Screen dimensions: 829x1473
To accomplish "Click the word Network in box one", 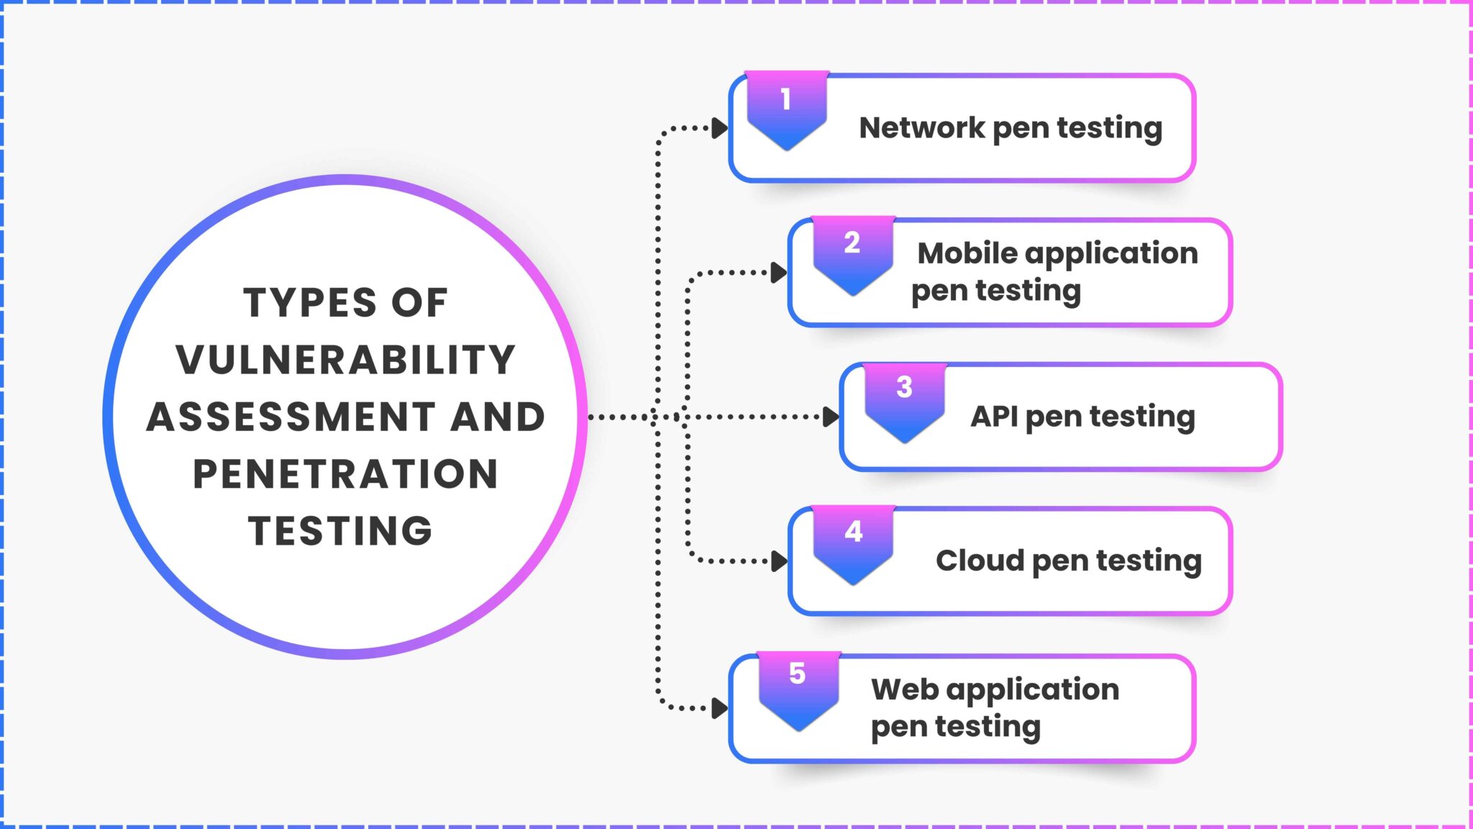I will click(x=922, y=128).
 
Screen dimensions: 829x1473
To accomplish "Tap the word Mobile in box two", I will click(x=967, y=253).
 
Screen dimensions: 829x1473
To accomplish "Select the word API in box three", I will click(x=994, y=417).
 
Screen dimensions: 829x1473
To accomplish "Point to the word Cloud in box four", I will click(x=980, y=561).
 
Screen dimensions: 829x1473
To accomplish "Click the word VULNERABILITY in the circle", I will click(x=346, y=360).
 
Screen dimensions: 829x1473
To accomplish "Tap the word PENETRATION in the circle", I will click(x=346, y=474).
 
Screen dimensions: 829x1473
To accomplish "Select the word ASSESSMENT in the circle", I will click(x=291, y=417).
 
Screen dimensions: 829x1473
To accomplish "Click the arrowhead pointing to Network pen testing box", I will click(x=719, y=129).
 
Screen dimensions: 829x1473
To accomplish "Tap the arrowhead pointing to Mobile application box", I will click(x=778, y=273).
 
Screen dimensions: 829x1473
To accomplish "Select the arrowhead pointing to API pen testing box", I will click(x=830, y=417).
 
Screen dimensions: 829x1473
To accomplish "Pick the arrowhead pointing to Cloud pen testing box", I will click(x=778, y=561).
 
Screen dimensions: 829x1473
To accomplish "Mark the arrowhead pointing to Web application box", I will click(x=719, y=708).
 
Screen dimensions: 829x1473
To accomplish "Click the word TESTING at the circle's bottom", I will click(x=341, y=531).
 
